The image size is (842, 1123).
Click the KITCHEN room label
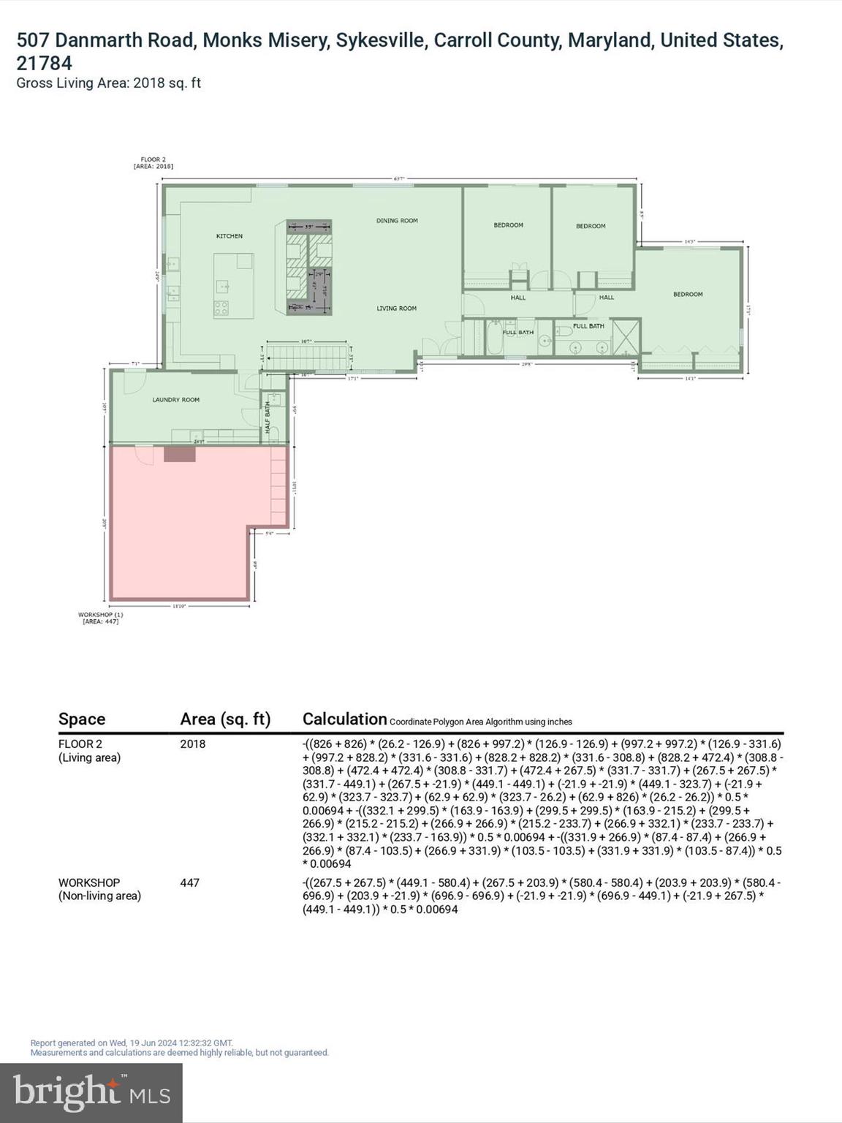point(229,236)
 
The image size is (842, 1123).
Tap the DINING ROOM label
point(397,221)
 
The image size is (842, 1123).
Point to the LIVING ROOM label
point(396,309)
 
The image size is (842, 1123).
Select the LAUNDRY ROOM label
point(175,400)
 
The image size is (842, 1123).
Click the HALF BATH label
point(268,417)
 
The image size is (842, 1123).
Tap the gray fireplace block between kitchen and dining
point(308,267)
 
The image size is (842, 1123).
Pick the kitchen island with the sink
point(233,285)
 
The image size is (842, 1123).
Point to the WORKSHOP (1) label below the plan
point(101,618)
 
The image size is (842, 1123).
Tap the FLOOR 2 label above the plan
point(153,162)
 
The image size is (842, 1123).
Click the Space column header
point(82,719)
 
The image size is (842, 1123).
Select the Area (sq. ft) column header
point(225,719)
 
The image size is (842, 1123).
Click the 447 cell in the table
point(190,882)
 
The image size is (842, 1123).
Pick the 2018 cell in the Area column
point(193,744)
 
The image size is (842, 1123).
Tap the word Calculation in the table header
point(344,719)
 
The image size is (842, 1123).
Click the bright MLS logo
point(91,1092)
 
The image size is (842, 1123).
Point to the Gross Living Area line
point(108,83)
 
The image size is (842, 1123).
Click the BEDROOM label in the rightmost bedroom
point(688,295)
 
